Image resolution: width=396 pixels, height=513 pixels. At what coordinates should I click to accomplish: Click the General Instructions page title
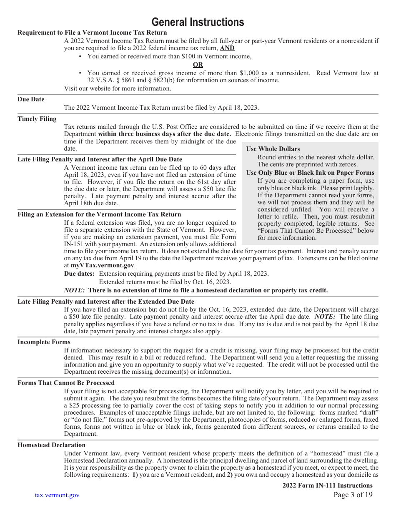[198, 22]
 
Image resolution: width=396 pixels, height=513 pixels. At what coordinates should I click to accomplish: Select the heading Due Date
[31, 99]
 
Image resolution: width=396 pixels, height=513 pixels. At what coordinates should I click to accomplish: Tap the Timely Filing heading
[37, 119]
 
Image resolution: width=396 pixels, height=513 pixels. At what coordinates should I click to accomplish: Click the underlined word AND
[227, 48]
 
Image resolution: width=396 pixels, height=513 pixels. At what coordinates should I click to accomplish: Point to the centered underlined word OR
[198, 65]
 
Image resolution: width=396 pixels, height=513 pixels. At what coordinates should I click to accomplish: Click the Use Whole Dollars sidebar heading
[273, 149]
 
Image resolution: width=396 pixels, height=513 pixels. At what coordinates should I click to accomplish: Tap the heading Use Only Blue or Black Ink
[310, 173]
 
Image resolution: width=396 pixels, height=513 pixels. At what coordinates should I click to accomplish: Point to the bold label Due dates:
[79, 274]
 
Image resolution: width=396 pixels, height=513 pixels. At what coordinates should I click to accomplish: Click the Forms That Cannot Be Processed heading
[66, 383]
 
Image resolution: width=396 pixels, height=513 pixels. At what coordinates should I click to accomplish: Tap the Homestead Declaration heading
[51, 445]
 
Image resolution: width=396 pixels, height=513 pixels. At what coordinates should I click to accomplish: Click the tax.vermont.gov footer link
[57, 495]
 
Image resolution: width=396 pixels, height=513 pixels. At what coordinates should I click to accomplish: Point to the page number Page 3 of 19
[353, 495]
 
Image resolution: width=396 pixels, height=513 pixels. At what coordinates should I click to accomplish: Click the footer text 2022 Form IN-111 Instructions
[327, 485]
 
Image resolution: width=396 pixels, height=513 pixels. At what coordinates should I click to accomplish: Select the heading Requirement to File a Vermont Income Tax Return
[92, 33]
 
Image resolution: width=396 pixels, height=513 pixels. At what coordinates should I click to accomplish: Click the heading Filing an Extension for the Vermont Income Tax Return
[99, 214]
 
